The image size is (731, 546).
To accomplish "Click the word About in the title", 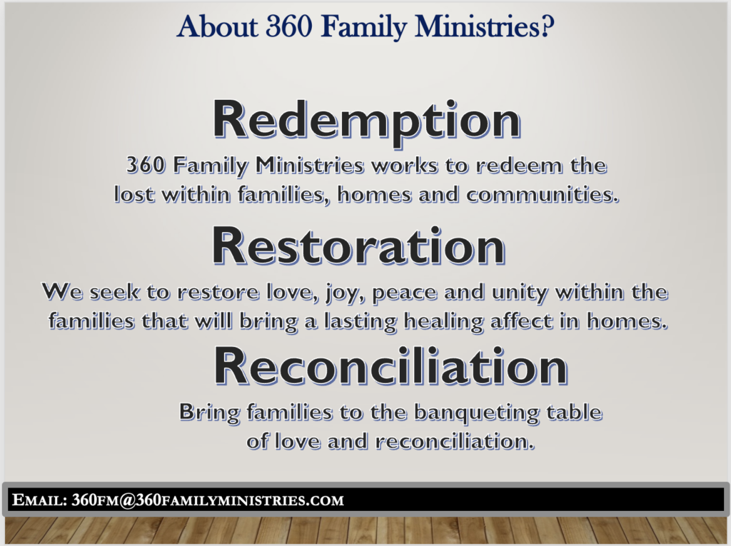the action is coord(217,26).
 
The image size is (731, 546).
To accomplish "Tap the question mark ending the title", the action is coord(548,26).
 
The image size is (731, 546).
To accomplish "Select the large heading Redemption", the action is coord(367,121).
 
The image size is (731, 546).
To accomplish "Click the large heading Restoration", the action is coord(359,246).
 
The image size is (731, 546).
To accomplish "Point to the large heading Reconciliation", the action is coord(390,367).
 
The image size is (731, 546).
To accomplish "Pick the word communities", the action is coord(543,194).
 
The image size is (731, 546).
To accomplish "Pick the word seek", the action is coord(114,293).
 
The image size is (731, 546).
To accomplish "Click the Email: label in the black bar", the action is coord(39,500).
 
